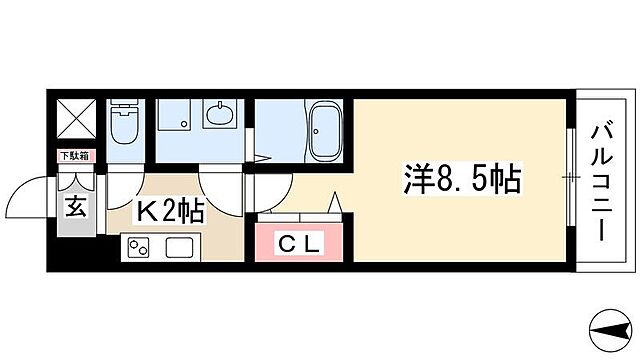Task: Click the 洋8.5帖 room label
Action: click(462, 181)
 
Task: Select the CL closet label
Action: click(299, 244)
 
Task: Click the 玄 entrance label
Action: click(74, 209)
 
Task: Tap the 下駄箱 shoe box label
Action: click(73, 155)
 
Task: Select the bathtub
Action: click(325, 132)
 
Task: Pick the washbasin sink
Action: click(220, 116)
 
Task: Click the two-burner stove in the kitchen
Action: click(137, 247)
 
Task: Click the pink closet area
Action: click(299, 244)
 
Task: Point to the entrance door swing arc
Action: click(40, 190)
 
